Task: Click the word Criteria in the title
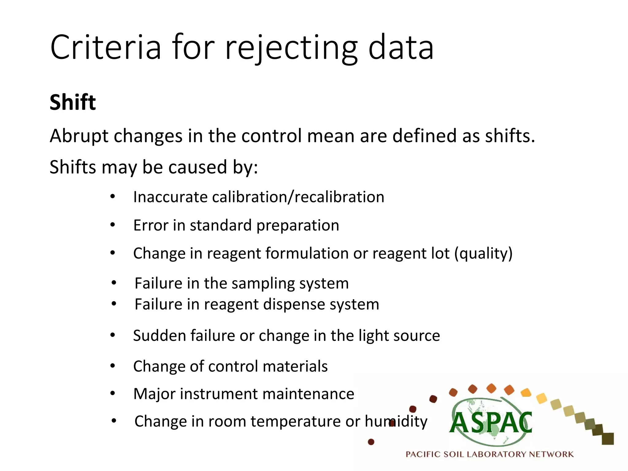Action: tap(105, 48)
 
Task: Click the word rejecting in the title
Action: tap(291, 48)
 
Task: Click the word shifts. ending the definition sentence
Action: tap(510, 136)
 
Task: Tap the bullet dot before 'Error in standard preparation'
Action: tap(113, 225)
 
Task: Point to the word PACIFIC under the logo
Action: tap(423, 454)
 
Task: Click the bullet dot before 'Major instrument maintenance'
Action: tap(113, 393)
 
